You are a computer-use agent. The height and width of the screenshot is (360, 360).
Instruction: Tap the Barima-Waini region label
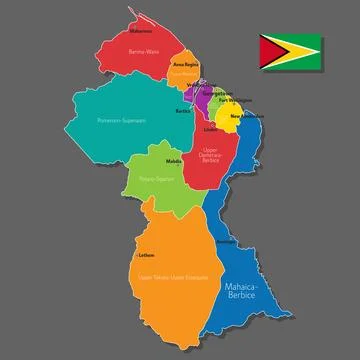click(144, 51)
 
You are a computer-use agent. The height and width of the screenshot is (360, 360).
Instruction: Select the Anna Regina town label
click(186, 63)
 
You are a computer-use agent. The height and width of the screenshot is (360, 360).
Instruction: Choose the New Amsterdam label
click(246, 117)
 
